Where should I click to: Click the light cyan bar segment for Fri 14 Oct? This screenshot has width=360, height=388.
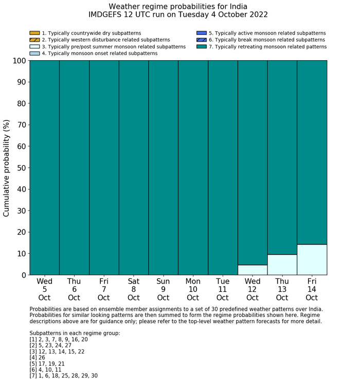point(312,259)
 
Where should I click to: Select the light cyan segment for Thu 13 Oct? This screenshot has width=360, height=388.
point(282,264)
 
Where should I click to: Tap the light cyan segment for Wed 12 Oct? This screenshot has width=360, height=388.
point(253,270)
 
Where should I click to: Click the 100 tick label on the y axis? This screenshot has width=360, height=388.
point(17,61)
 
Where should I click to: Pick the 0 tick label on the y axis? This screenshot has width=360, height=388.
point(23,275)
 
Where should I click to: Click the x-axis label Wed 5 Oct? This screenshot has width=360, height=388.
point(44,290)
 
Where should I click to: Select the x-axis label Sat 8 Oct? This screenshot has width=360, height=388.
point(134,290)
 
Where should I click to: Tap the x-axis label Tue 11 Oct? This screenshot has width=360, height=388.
point(223,290)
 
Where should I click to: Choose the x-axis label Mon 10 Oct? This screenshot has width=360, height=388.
point(193,290)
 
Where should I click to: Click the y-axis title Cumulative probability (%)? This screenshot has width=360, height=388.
point(7,168)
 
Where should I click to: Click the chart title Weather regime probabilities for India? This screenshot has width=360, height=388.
point(178,7)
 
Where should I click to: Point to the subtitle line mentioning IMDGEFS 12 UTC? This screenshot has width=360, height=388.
point(178,15)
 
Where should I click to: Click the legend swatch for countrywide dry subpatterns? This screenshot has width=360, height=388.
point(34,33)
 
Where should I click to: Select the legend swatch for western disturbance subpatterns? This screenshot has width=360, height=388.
point(34,40)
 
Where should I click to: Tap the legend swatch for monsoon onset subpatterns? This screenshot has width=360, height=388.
point(34,54)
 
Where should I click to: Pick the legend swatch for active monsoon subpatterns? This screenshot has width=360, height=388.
point(201,33)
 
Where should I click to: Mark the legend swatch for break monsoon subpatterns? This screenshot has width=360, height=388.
point(201,40)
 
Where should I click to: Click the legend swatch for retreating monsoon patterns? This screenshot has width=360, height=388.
point(201,47)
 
